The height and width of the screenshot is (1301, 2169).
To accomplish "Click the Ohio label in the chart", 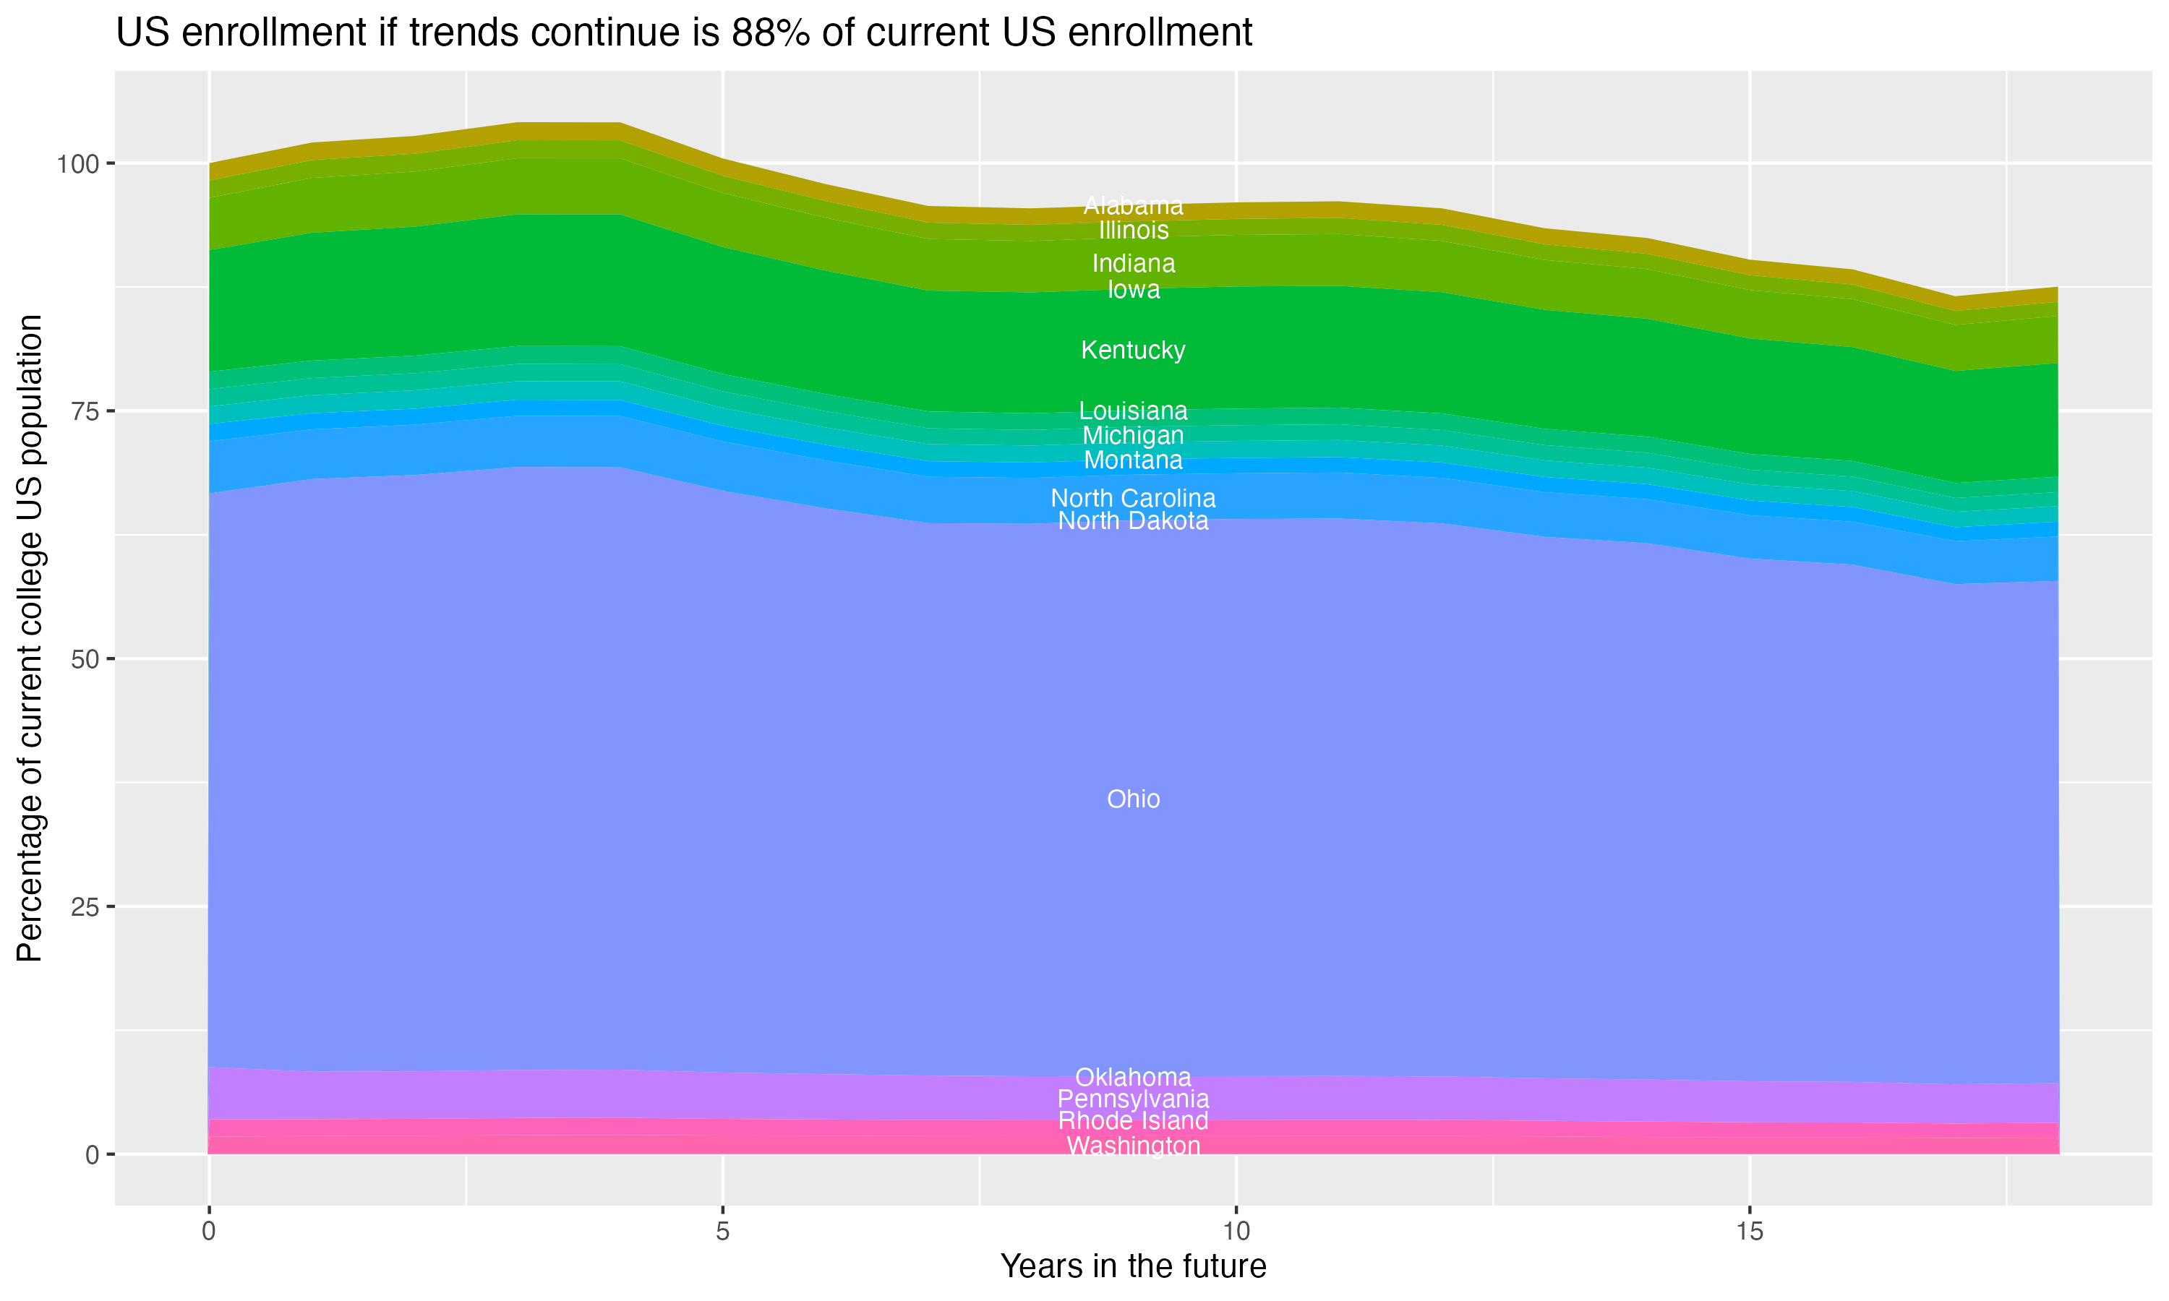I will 1133,799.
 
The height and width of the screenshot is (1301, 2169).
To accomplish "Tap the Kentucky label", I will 1133,350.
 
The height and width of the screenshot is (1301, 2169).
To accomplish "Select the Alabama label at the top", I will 1133,205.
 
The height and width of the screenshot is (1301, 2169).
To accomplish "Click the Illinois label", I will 1133,230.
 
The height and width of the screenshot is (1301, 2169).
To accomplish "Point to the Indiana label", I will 1133,263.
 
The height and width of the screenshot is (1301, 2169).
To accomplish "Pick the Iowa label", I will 1133,289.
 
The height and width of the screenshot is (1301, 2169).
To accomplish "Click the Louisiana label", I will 1133,411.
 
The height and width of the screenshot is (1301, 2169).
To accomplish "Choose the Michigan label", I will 1133,435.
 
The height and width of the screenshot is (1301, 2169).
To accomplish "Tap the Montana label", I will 1133,460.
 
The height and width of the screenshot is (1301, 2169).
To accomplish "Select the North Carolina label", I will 1133,498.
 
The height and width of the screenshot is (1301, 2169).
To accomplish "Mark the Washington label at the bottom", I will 1133,1145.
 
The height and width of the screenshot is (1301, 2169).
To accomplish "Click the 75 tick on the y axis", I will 85,411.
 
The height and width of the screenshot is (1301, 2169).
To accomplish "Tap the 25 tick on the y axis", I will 85,906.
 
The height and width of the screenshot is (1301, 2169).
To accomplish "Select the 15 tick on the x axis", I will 1749,1232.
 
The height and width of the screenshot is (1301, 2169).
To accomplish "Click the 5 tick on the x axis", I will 722,1232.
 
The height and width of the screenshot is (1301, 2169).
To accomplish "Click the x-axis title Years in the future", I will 1133,1266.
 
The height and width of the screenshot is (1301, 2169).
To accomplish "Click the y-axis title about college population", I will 30,637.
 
